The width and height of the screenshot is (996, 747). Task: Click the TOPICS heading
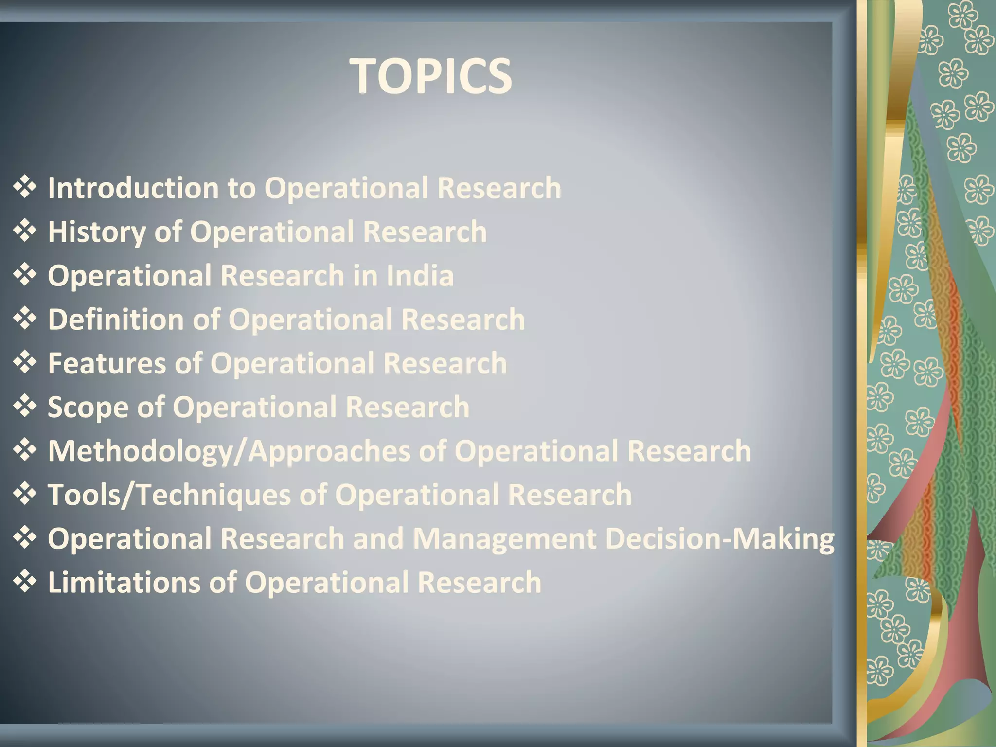(431, 76)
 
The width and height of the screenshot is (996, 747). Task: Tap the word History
(97, 232)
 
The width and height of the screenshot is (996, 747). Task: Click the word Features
(107, 363)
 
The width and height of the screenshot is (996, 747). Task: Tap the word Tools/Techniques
(169, 495)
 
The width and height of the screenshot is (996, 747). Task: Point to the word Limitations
(124, 583)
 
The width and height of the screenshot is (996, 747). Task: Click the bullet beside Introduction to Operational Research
(25, 187)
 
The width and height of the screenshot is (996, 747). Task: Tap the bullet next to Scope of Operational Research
(25, 406)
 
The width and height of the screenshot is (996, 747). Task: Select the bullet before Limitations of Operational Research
(25, 581)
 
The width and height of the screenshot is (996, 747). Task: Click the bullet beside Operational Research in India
(25, 275)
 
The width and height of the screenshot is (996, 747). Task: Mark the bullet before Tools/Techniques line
(25, 494)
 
